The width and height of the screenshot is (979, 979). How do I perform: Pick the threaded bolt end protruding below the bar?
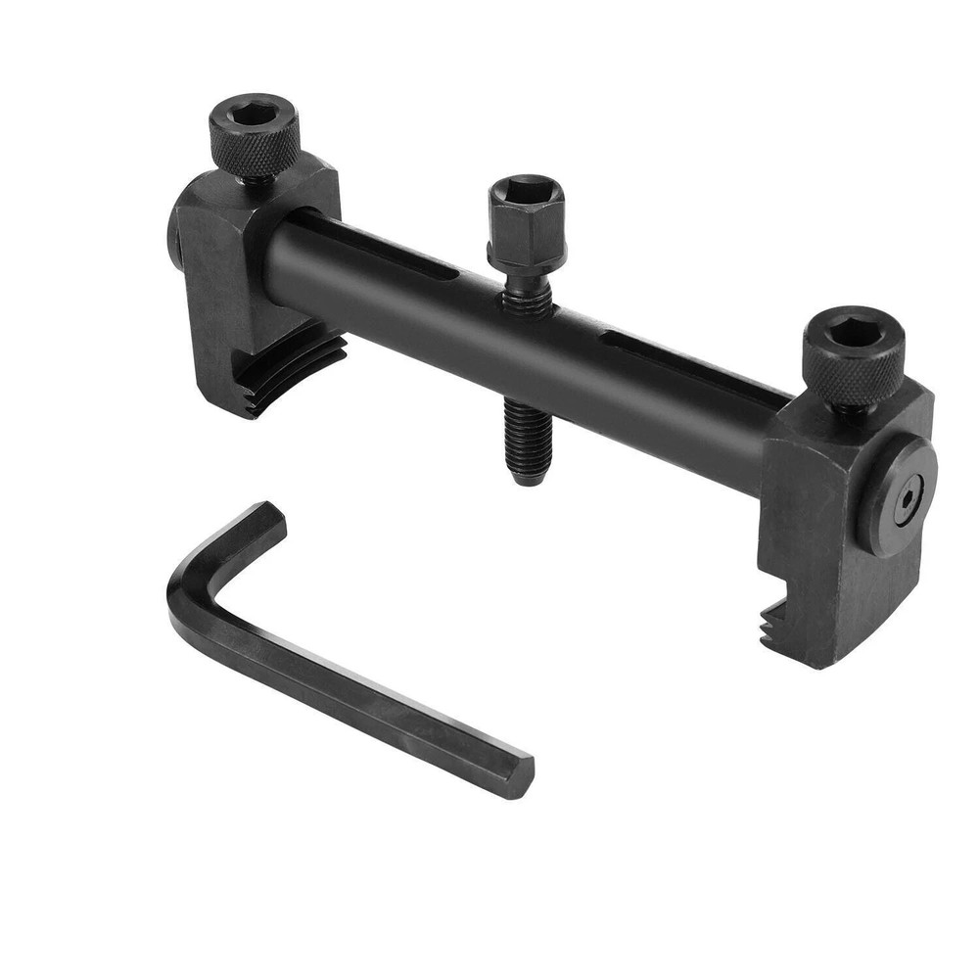[527, 441]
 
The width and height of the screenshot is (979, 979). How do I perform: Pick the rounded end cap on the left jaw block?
[173, 240]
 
